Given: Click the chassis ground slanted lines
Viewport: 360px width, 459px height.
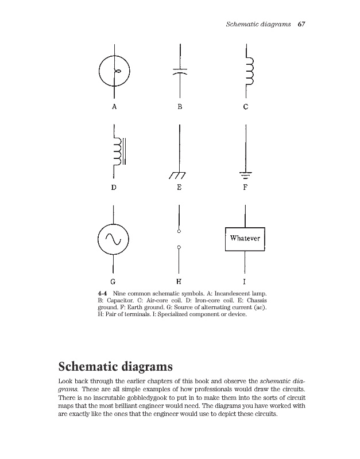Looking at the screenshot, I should pyautogui.click(x=179, y=174).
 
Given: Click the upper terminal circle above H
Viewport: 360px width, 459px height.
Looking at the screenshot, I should pyautogui.click(x=180, y=231).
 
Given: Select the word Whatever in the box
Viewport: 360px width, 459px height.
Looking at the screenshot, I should pyautogui.click(x=245, y=238).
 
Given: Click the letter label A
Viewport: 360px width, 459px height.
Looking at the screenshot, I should pyautogui.click(x=114, y=107).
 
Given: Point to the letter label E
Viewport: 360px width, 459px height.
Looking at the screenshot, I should pyautogui.click(x=180, y=187).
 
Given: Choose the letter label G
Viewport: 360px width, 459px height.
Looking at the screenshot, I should pyautogui.click(x=113, y=282).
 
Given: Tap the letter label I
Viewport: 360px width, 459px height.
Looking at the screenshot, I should pyautogui.click(x=245, y=282).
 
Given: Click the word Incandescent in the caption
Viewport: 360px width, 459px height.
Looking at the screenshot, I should pyautogui.click(x=234, y=294).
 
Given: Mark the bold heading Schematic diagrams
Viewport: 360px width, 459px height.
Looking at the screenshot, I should pyautogui.click(x=116, y=365).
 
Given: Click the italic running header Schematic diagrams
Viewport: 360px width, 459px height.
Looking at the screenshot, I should pyautogui.click(x=258, y=25).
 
